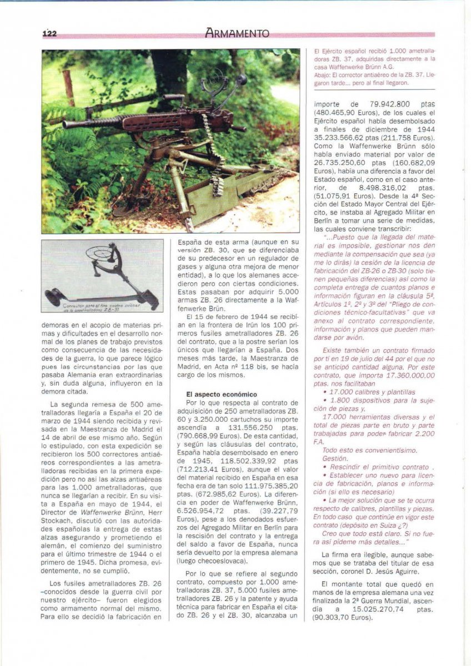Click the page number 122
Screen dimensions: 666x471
tap(50, 33)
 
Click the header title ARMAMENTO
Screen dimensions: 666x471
tap(237, 33)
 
